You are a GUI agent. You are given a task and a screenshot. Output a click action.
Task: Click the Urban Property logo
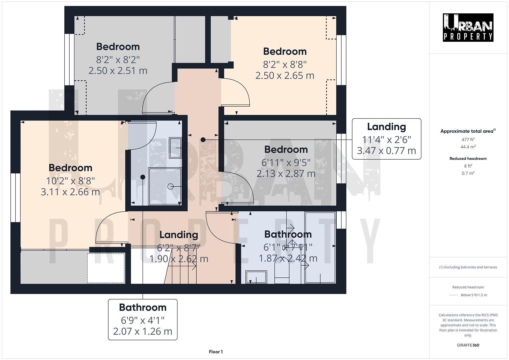pos(468,28)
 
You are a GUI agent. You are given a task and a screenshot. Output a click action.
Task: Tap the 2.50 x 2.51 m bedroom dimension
pos(118,71)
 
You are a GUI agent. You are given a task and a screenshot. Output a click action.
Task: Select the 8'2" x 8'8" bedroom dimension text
pos(285,64)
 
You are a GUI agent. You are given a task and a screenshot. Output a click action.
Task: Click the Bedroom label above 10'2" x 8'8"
pos(70,168)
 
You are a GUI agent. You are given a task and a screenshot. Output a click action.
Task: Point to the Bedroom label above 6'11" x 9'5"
pos(286,149)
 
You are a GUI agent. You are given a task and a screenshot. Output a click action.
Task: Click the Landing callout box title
pos(386,127)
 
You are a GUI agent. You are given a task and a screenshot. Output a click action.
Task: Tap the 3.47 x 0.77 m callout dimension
pos(386,151)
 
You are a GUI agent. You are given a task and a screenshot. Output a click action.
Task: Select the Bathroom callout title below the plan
pos(143,307)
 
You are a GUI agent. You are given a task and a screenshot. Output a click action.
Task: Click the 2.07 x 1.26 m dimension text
pos(143,331)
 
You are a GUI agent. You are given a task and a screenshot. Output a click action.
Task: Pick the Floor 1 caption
pos(216,352)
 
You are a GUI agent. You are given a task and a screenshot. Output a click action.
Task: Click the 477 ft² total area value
pos(468,140)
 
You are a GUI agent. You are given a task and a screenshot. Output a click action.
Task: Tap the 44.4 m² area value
pos(468,147)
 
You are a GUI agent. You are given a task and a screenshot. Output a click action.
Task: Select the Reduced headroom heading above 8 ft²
pos(468,159)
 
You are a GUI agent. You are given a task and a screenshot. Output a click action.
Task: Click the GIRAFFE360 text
pos(468,345)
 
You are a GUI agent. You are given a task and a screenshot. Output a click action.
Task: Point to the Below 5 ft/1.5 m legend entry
pos(474,295)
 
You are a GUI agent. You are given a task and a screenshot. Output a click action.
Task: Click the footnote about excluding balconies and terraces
pos(468,267)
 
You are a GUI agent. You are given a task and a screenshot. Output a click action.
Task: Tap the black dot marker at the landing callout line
pos(203,140)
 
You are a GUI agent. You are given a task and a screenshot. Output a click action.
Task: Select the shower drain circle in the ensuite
pos(170,187)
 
